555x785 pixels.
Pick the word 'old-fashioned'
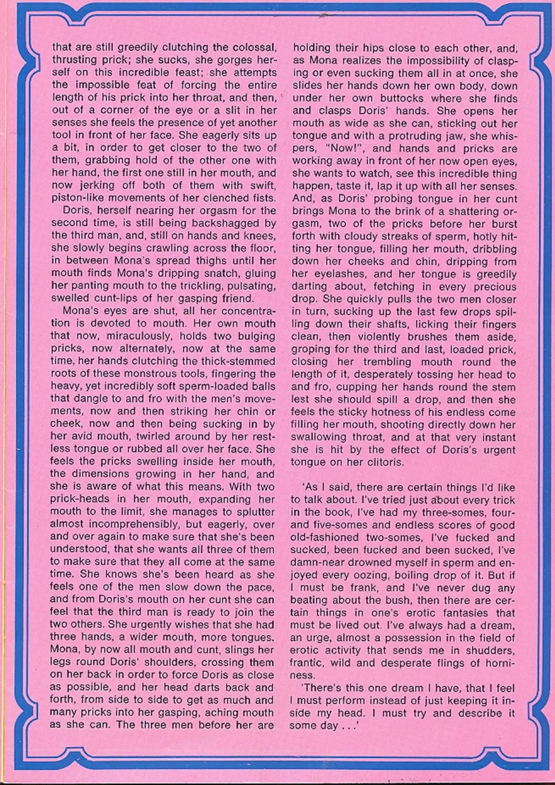point(324,538)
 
